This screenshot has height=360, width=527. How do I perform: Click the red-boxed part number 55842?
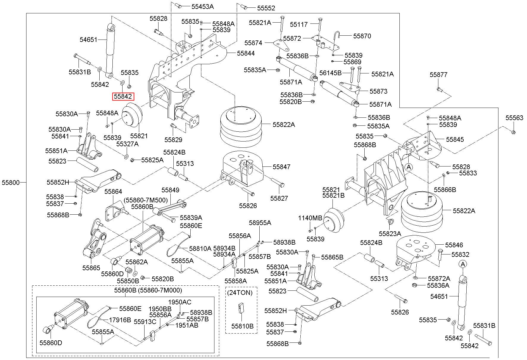(123, 96)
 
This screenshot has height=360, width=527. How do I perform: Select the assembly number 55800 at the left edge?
(11, 183)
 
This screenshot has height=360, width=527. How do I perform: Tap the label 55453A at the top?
(203, 6)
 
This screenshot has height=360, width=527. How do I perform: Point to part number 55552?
(266, 8)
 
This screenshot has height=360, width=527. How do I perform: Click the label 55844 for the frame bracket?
(246, 53)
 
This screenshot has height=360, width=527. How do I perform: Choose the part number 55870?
(362, 36)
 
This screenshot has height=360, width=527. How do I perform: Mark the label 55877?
(438, 75)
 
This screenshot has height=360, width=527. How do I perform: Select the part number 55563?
(514, 118)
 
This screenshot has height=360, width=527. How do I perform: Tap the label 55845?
(455, 139)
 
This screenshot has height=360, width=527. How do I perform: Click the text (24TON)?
(240, 293)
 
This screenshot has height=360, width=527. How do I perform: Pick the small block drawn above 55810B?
(241, 308)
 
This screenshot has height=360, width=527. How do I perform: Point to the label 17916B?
(120, 320)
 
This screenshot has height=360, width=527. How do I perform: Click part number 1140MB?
(310, 218)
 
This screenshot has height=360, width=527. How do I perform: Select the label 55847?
(281, 167)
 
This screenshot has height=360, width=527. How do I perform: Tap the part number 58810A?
(200, 248)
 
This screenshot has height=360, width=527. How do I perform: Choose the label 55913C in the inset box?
(145, 322)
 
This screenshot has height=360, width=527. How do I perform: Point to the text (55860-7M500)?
(146, 200)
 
